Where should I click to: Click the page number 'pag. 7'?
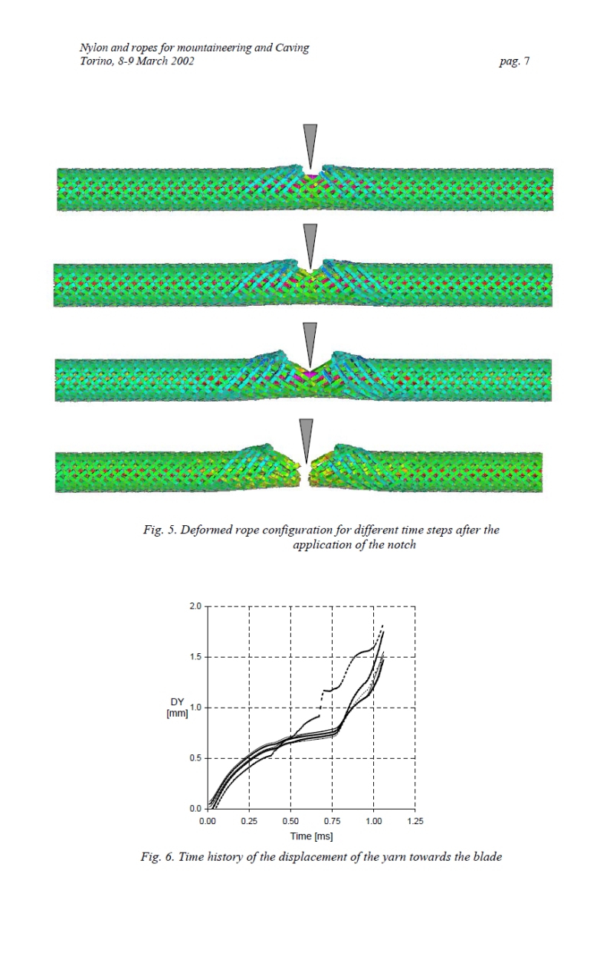pos(514,61)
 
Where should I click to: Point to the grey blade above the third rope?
pos(310,345)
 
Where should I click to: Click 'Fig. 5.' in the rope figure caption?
pos(159,530)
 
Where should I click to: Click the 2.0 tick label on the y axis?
pos(195,606)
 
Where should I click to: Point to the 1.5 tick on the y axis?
pos(195,657)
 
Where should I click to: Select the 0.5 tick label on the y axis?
pos(195,758)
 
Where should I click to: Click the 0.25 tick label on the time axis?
pos(249,821)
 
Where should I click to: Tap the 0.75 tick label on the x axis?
pos(332,821)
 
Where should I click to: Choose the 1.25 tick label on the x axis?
pos(415,821)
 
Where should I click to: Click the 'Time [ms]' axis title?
pos(311,836)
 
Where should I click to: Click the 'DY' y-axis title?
pos(177,701)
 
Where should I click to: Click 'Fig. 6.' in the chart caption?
pos(157,857)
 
